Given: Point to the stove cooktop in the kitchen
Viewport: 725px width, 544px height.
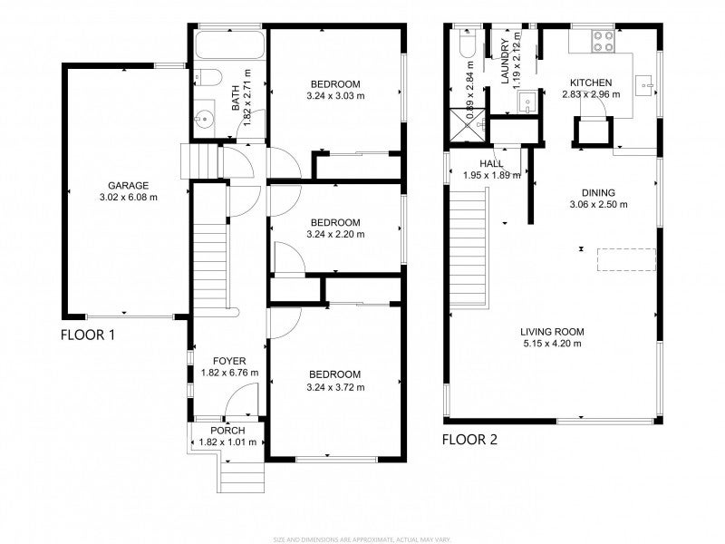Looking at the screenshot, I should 602,40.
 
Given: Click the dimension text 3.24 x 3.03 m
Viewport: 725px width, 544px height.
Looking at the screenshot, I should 335,95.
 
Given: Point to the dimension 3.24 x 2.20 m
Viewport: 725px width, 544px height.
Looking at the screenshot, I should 335,234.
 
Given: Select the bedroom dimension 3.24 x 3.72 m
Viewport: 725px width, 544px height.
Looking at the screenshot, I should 335,387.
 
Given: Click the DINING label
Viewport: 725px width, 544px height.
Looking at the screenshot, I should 599,192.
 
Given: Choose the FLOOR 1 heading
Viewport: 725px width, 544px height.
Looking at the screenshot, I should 87,335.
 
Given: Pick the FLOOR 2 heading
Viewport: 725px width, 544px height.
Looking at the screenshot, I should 469,441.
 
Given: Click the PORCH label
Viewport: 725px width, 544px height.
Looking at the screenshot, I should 228,430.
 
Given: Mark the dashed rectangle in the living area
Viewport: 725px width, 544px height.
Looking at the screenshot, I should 626,259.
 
